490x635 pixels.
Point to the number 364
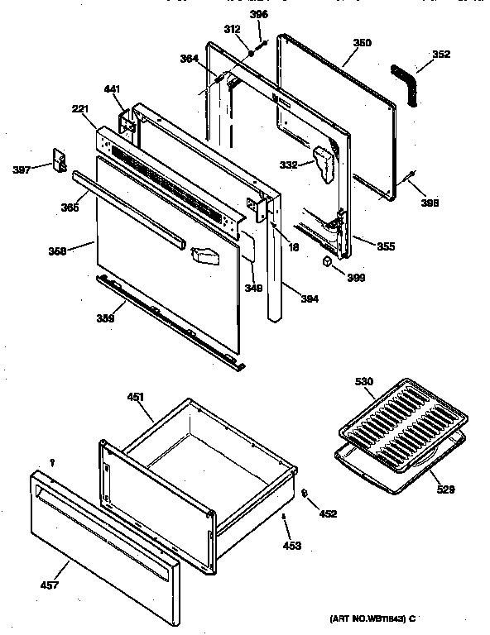coord(190,58)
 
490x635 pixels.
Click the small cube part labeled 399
coord(328,260)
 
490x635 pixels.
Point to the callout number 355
coord(386,246)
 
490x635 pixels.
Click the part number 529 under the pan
coord(445,490)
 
